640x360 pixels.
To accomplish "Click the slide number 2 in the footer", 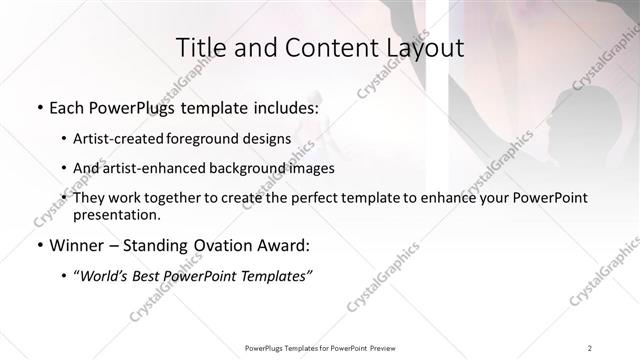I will click(590, 347).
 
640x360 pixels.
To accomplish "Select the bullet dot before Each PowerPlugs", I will click(39, 106).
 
